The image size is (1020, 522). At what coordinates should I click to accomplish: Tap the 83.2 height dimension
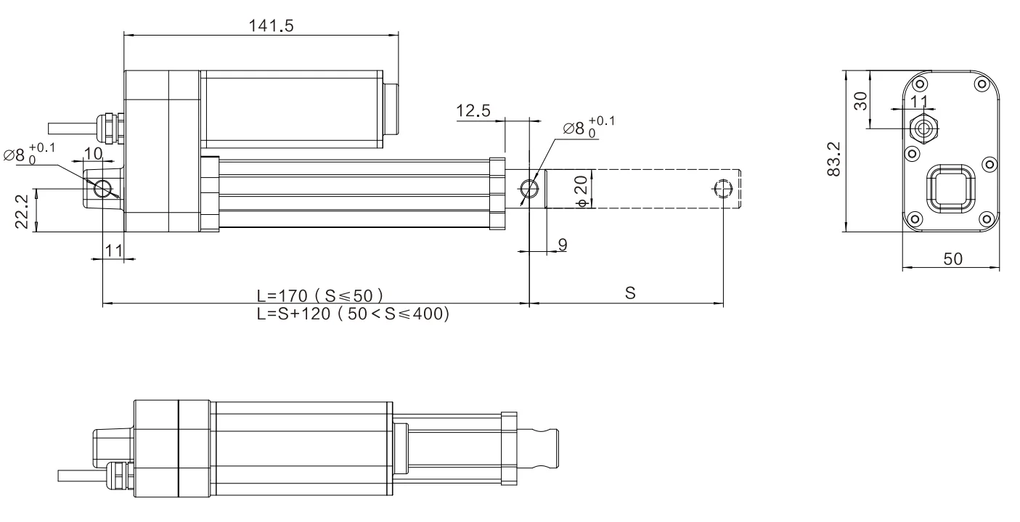point(834,160)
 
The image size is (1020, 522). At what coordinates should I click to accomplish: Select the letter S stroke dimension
point(630,293)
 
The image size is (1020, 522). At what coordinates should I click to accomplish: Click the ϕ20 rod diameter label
point(583,189)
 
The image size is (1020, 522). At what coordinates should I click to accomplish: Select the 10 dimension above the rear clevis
point(93,153)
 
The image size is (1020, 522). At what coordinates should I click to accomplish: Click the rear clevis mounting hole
point(103,188)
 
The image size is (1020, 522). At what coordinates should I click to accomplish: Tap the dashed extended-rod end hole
point(723,189)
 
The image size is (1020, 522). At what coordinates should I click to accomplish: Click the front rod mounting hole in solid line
point(530,189)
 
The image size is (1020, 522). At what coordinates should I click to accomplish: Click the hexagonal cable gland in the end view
point(924,129)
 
